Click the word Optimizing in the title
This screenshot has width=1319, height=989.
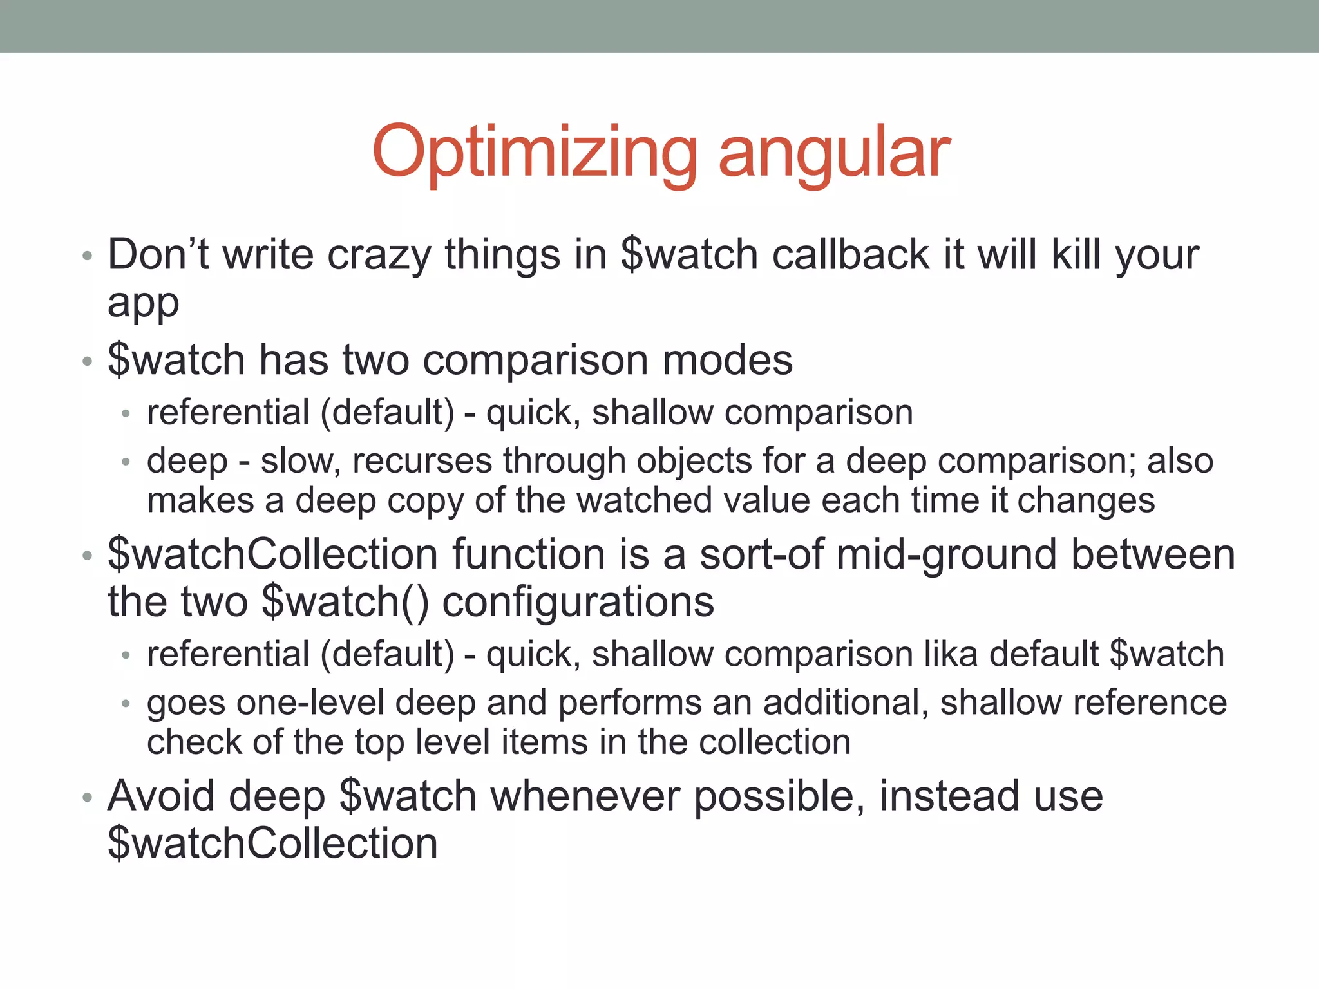tap(535, 153)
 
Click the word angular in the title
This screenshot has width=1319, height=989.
tap(834, 153)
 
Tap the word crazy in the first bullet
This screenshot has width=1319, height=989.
tap(379, 255)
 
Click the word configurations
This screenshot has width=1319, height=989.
tap(578, 603)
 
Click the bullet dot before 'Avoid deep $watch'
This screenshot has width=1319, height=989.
tap(88, 798)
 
